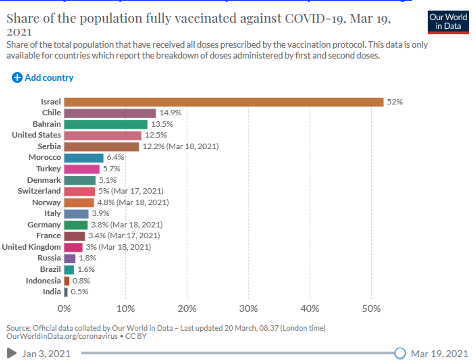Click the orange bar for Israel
point(224,102)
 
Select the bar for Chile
point(110,113)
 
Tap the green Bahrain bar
point(106,124)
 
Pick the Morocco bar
point(84,158)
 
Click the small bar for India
point(66,292)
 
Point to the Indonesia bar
point(67,281)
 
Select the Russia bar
point(70,258)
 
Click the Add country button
point(43,78)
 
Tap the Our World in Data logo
point(448,22)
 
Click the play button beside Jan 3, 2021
point(12,353)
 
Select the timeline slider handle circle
point(400,353)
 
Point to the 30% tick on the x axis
point(249,309)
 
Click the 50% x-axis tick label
point(371,309)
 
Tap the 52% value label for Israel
point(395,102)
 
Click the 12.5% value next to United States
point(156,135)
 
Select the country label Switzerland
point(39,191)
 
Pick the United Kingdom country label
point(32,247)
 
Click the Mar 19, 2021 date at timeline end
point(439,354)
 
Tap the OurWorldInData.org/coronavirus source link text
point(62,336)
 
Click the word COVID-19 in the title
point(313,18)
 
